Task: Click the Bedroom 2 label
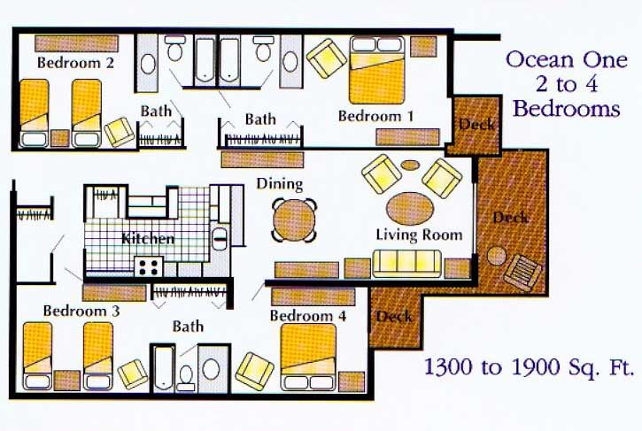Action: (x=76, y=63)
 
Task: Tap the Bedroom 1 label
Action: (x=375, y=116)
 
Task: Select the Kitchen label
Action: (x=148, y=239)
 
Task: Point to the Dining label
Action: (x=280, y=184)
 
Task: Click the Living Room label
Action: (x=419, y=235)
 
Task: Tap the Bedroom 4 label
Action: (x=308, y=316)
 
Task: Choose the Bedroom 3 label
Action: (x=81, y=311)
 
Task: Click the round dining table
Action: (x=294, y=219)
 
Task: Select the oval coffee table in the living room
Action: (x=410, y=208)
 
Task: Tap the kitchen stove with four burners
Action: (x=149, y=266)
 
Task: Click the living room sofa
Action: (x=407, y=264)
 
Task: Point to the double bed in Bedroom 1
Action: (x=376, y=71)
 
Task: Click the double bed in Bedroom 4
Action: (x=308, y=357)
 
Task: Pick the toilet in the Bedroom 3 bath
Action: (x=186, y=378)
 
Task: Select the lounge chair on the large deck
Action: (x=522, y=273)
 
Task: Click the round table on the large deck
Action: (x=496, y=257)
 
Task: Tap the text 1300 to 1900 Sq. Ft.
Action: (x=528, y=366)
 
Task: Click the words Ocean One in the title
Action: (x=567, y=60)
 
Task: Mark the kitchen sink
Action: (x=220, y=240)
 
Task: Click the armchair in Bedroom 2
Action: (x=120, y=132)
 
